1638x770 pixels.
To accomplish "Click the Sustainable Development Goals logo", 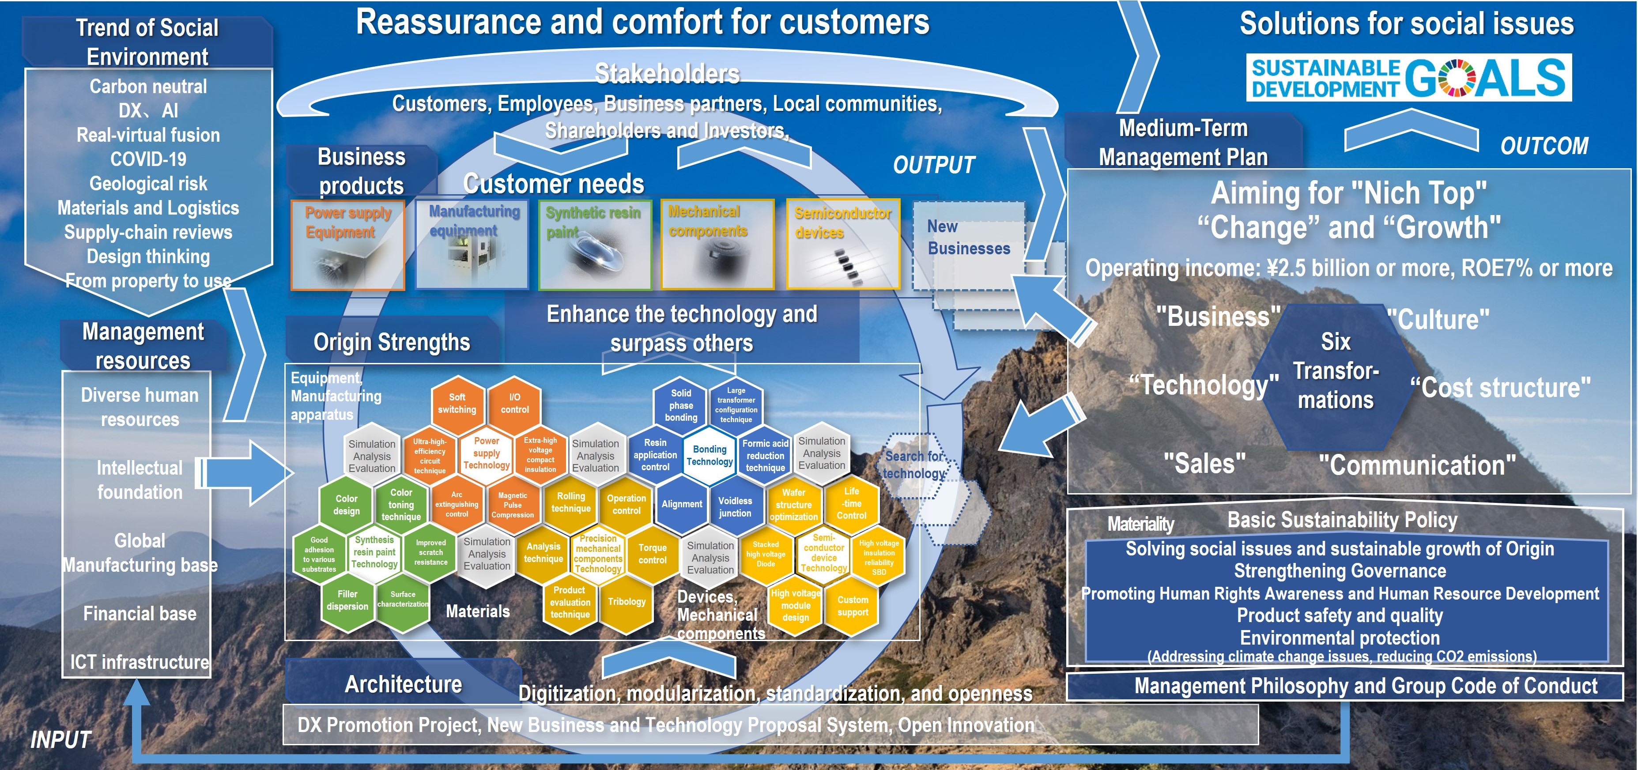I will tap(1408, 78).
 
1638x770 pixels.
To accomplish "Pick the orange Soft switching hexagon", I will tap(457, 404).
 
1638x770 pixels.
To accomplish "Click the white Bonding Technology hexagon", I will tap(709, 455).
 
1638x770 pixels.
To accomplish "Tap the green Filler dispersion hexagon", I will tap(347, 600).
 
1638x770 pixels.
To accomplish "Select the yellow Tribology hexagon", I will tap(627, 601).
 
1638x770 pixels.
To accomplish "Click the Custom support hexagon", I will tap(852, 606).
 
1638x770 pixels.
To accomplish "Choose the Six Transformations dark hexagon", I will tap(1335, 372).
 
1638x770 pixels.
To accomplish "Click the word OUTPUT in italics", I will tap(933, 165).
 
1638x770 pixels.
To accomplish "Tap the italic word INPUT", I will tap(61, 740).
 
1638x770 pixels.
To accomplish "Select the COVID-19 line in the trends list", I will tap(148, 159).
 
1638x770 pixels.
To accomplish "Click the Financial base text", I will tap(140, 614).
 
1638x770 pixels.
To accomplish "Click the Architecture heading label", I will tap(403, 685).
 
